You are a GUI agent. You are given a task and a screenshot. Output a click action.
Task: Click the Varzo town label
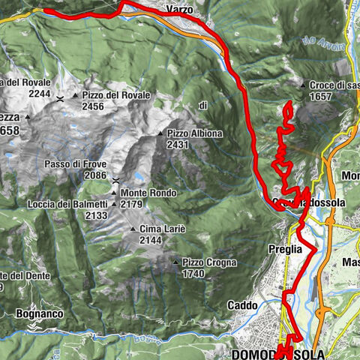[x=178, y=10]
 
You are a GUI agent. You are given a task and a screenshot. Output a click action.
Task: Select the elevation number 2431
[x=178, y=144]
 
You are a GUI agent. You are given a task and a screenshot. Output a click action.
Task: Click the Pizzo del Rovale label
[x=116, y=95]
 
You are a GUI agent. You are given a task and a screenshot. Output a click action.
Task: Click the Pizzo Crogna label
[x=209, y=262]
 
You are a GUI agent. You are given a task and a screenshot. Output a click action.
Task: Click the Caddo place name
[x=243, y=306]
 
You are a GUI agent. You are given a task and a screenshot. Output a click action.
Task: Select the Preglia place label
[x=283, y=248]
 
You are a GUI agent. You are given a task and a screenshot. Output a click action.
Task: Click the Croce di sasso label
[x=334, y=86]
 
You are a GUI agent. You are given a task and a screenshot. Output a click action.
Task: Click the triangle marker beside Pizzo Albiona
[x=160, y=133]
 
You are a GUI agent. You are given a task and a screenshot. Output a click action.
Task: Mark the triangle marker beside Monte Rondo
[x=114, y=193]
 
